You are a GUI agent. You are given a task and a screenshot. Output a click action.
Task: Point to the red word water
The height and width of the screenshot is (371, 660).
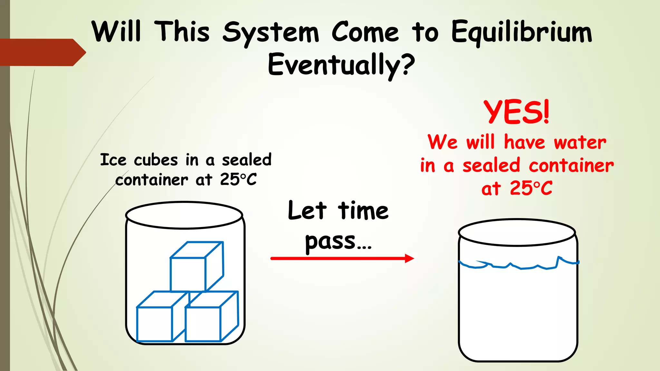click(580, 142)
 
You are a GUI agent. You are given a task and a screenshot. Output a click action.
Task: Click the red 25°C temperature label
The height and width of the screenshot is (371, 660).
click(531, 188)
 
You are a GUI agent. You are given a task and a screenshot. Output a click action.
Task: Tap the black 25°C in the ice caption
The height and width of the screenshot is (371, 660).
click(238, 180)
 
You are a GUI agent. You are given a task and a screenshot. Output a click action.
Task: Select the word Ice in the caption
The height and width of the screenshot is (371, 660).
click(113, 160)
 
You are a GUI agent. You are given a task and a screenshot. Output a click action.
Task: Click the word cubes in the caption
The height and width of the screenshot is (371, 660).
click(156, 160)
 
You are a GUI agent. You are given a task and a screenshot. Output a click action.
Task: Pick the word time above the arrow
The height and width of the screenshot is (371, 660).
click(363, 211)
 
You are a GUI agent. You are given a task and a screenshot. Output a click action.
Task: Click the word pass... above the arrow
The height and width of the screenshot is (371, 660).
click(338, 242)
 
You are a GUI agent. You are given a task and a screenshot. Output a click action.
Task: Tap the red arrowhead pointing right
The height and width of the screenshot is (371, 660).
click(409, 258)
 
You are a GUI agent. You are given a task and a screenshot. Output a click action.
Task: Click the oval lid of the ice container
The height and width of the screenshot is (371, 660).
click(184, 215)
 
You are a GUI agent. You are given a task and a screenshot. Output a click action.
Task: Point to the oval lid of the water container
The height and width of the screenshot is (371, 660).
click(517, 232)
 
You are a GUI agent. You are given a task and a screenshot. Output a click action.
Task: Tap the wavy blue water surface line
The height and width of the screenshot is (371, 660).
click(519, 266)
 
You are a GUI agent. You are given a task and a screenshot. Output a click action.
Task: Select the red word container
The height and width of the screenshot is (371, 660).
click(571, 166)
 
